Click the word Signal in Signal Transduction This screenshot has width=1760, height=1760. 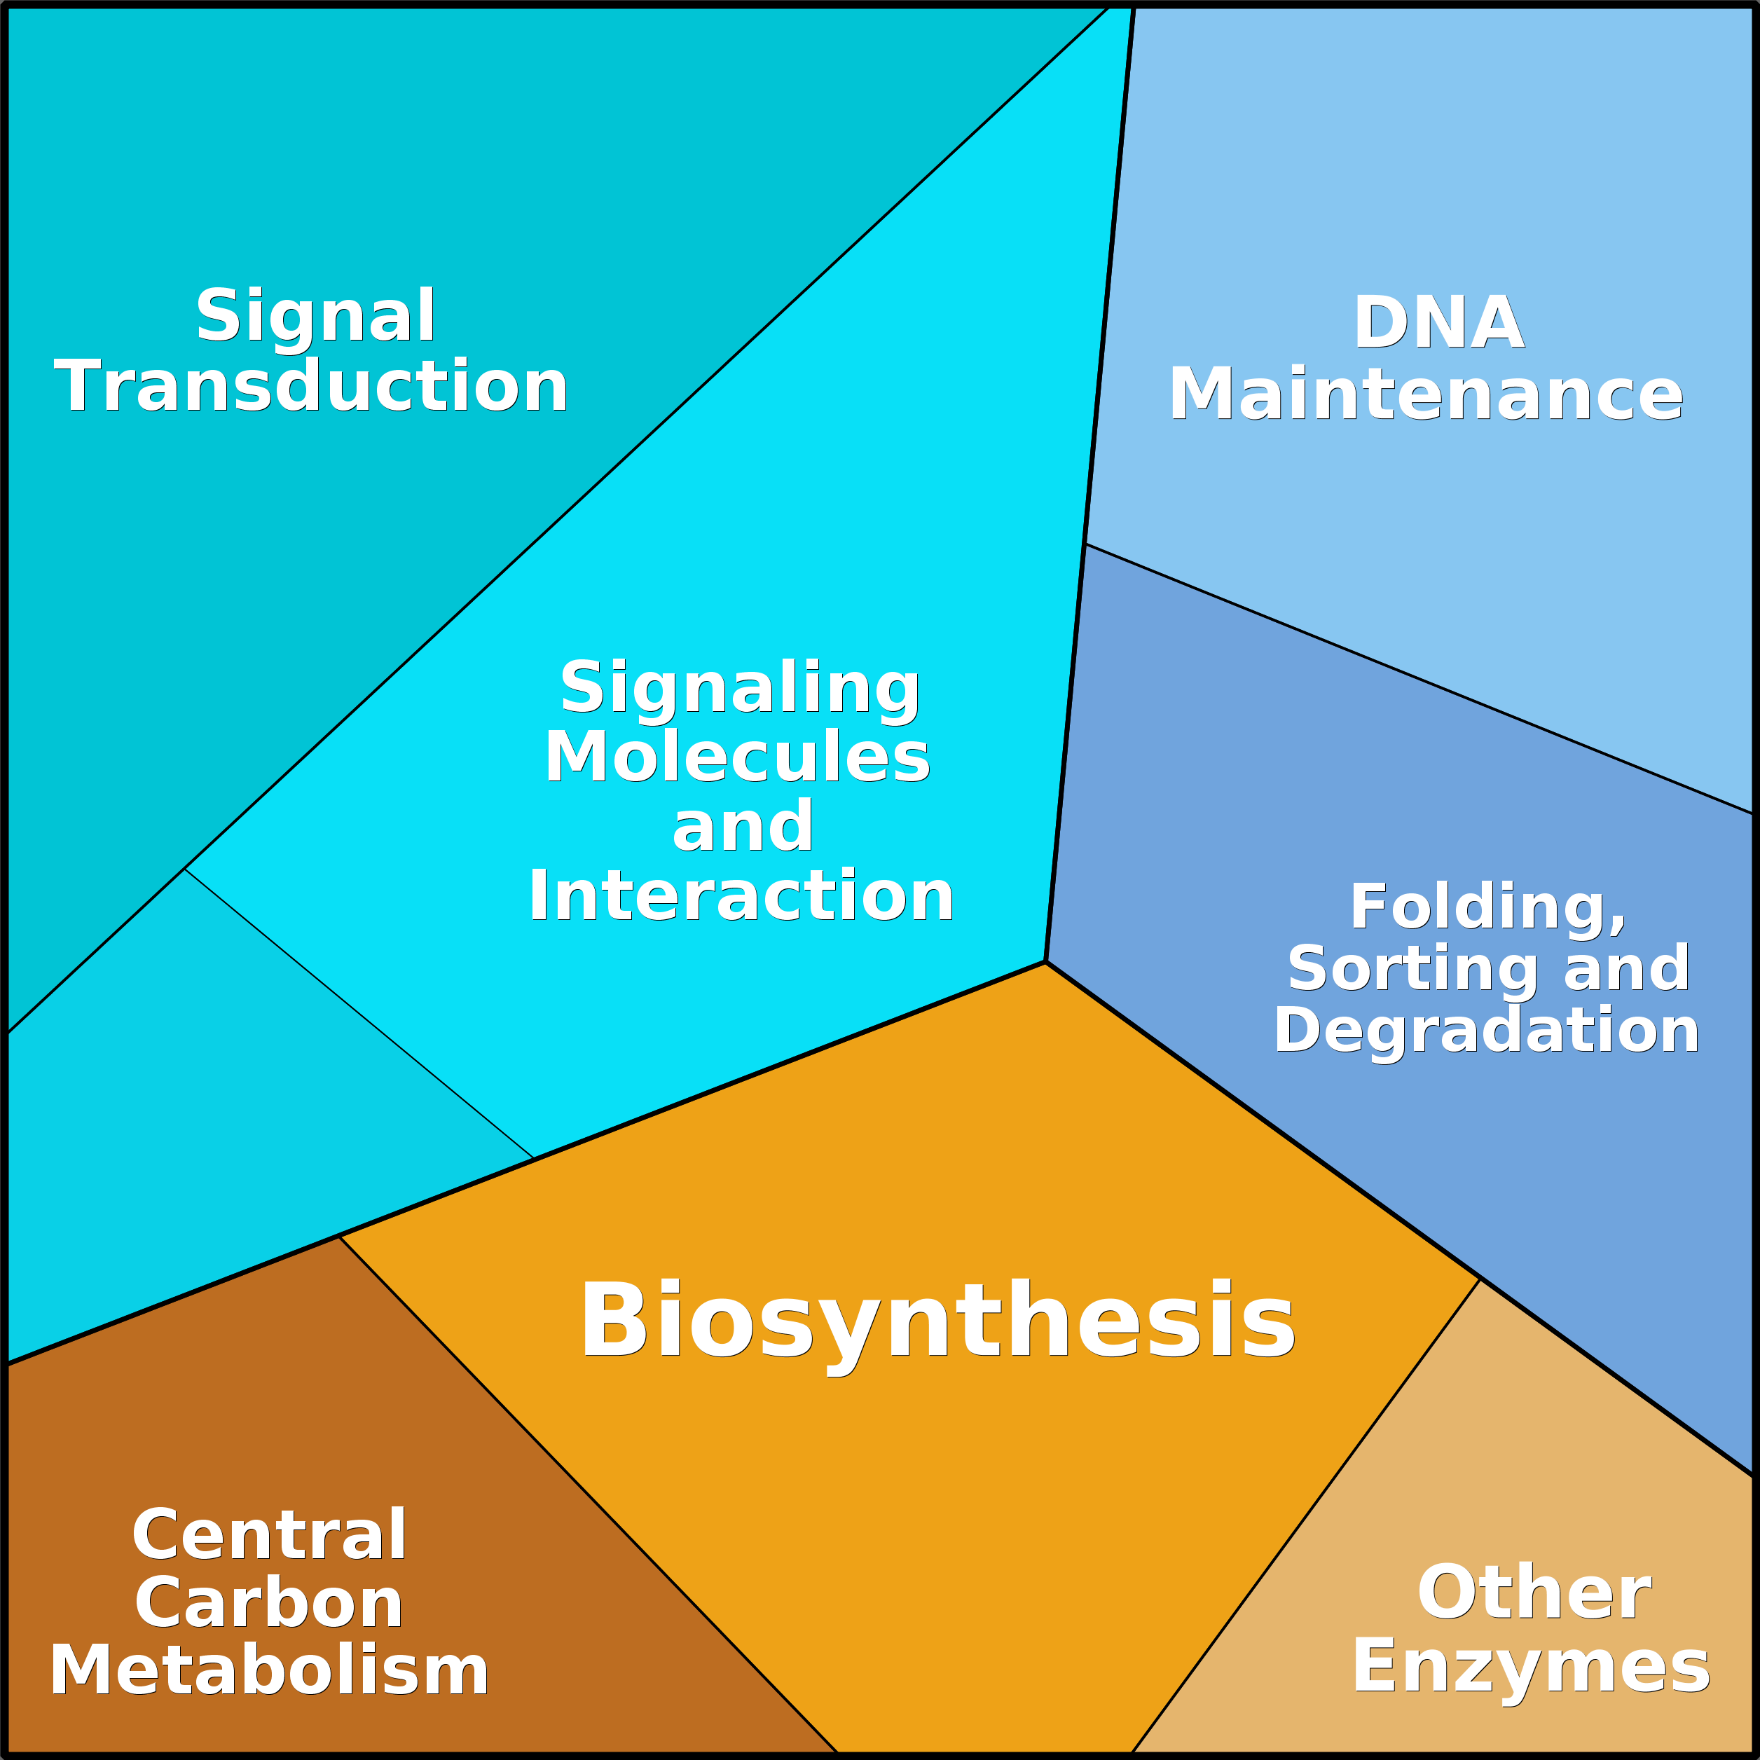coord(315,316)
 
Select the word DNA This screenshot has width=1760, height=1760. coord(1438,324)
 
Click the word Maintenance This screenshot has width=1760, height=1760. coord(1426,394)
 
